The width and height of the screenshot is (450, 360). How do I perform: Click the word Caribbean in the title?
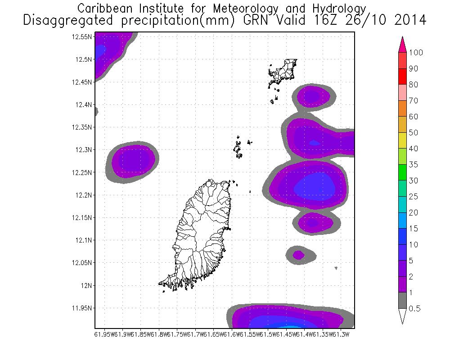click(x=102, y=9)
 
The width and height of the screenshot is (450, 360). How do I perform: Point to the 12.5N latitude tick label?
click(x=84, y=59)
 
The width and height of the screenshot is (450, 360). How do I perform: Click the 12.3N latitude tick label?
click(x=84, y=149)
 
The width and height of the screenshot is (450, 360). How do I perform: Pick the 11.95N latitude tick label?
click(x=83, y=308)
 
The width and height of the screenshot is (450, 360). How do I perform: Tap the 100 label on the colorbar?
click(x=416, y=53)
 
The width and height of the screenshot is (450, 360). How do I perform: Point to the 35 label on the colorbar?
click(x=414, y=165)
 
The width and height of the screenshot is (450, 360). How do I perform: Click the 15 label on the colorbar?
click(x=414, y=229)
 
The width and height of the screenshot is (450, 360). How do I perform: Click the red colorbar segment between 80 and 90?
click(x=403, y=76)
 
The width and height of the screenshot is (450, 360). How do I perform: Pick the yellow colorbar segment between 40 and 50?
click(x=403, y=140)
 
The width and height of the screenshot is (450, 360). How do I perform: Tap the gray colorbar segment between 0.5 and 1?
click(x=403, y=301)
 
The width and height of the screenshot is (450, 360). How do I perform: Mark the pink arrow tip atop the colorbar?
click(x=403, y=43)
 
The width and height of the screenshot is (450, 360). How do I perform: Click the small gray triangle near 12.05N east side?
click(x=337, y=269)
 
